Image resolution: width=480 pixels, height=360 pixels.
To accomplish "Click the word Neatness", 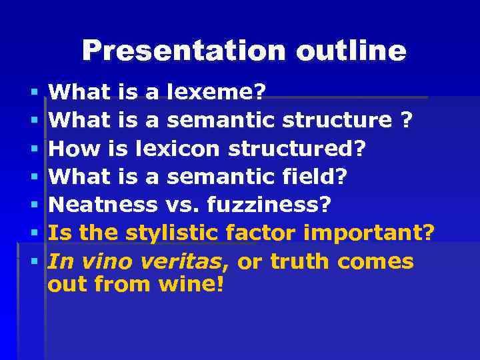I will [103, 205].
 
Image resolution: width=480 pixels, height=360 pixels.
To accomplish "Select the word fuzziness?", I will [269, 205].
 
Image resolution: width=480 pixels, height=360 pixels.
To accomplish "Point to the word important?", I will [369, 233].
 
